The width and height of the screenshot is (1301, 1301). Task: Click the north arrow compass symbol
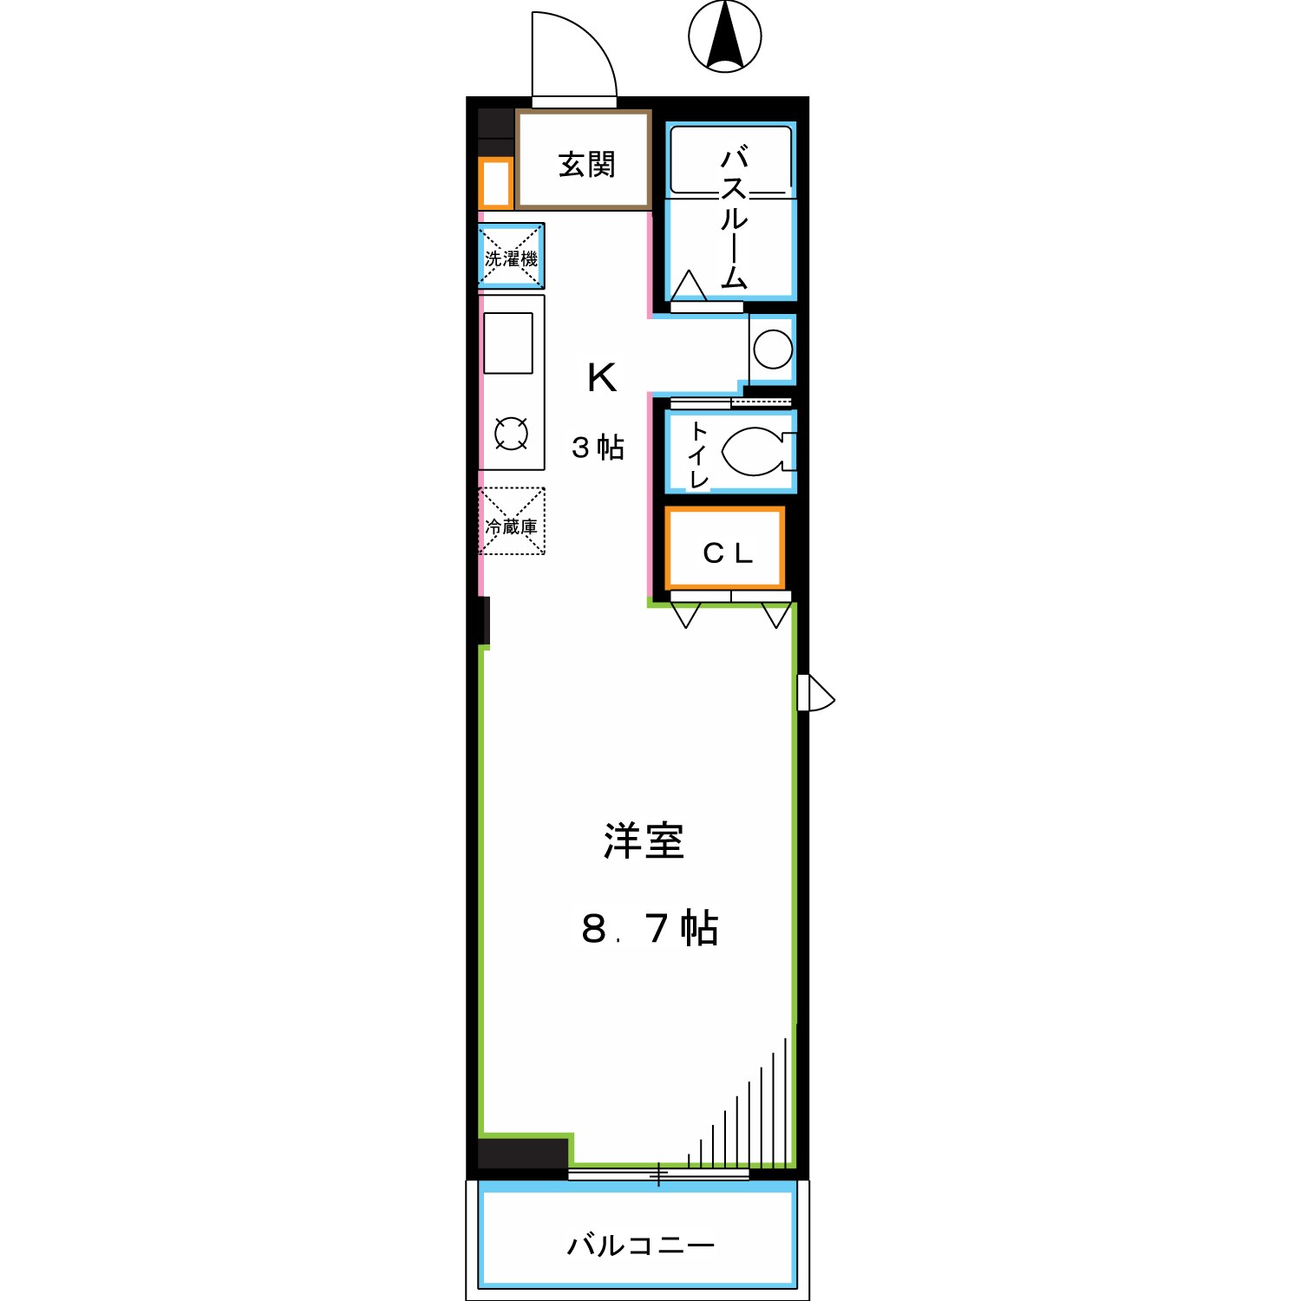[x=725, y=36]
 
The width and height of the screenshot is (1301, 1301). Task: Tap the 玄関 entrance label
[x=586, y=164]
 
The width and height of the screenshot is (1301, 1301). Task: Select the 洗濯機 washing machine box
[x=511, y=257]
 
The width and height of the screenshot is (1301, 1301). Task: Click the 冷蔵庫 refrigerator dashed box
[x=512, y=522]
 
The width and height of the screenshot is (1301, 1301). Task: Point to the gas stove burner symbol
[x=511, y=434]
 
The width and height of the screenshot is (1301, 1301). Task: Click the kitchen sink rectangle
[x=508, y=343]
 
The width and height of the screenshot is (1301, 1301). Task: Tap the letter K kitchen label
[x=602, y=378]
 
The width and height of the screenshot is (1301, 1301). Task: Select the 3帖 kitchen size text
[x=598, y=448]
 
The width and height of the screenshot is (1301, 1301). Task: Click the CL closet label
[x=727, y=552]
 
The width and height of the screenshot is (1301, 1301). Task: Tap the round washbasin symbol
[x=773, y=350]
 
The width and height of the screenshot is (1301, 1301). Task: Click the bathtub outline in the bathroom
[x=731, y=160]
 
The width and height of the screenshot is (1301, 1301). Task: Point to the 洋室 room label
[x=644, y=841]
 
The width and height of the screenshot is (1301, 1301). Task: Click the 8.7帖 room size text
[x=650, y=928]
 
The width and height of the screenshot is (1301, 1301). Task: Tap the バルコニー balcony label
[x=641, y=1245]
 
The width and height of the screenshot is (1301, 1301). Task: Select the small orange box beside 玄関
[x=496, y=184]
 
